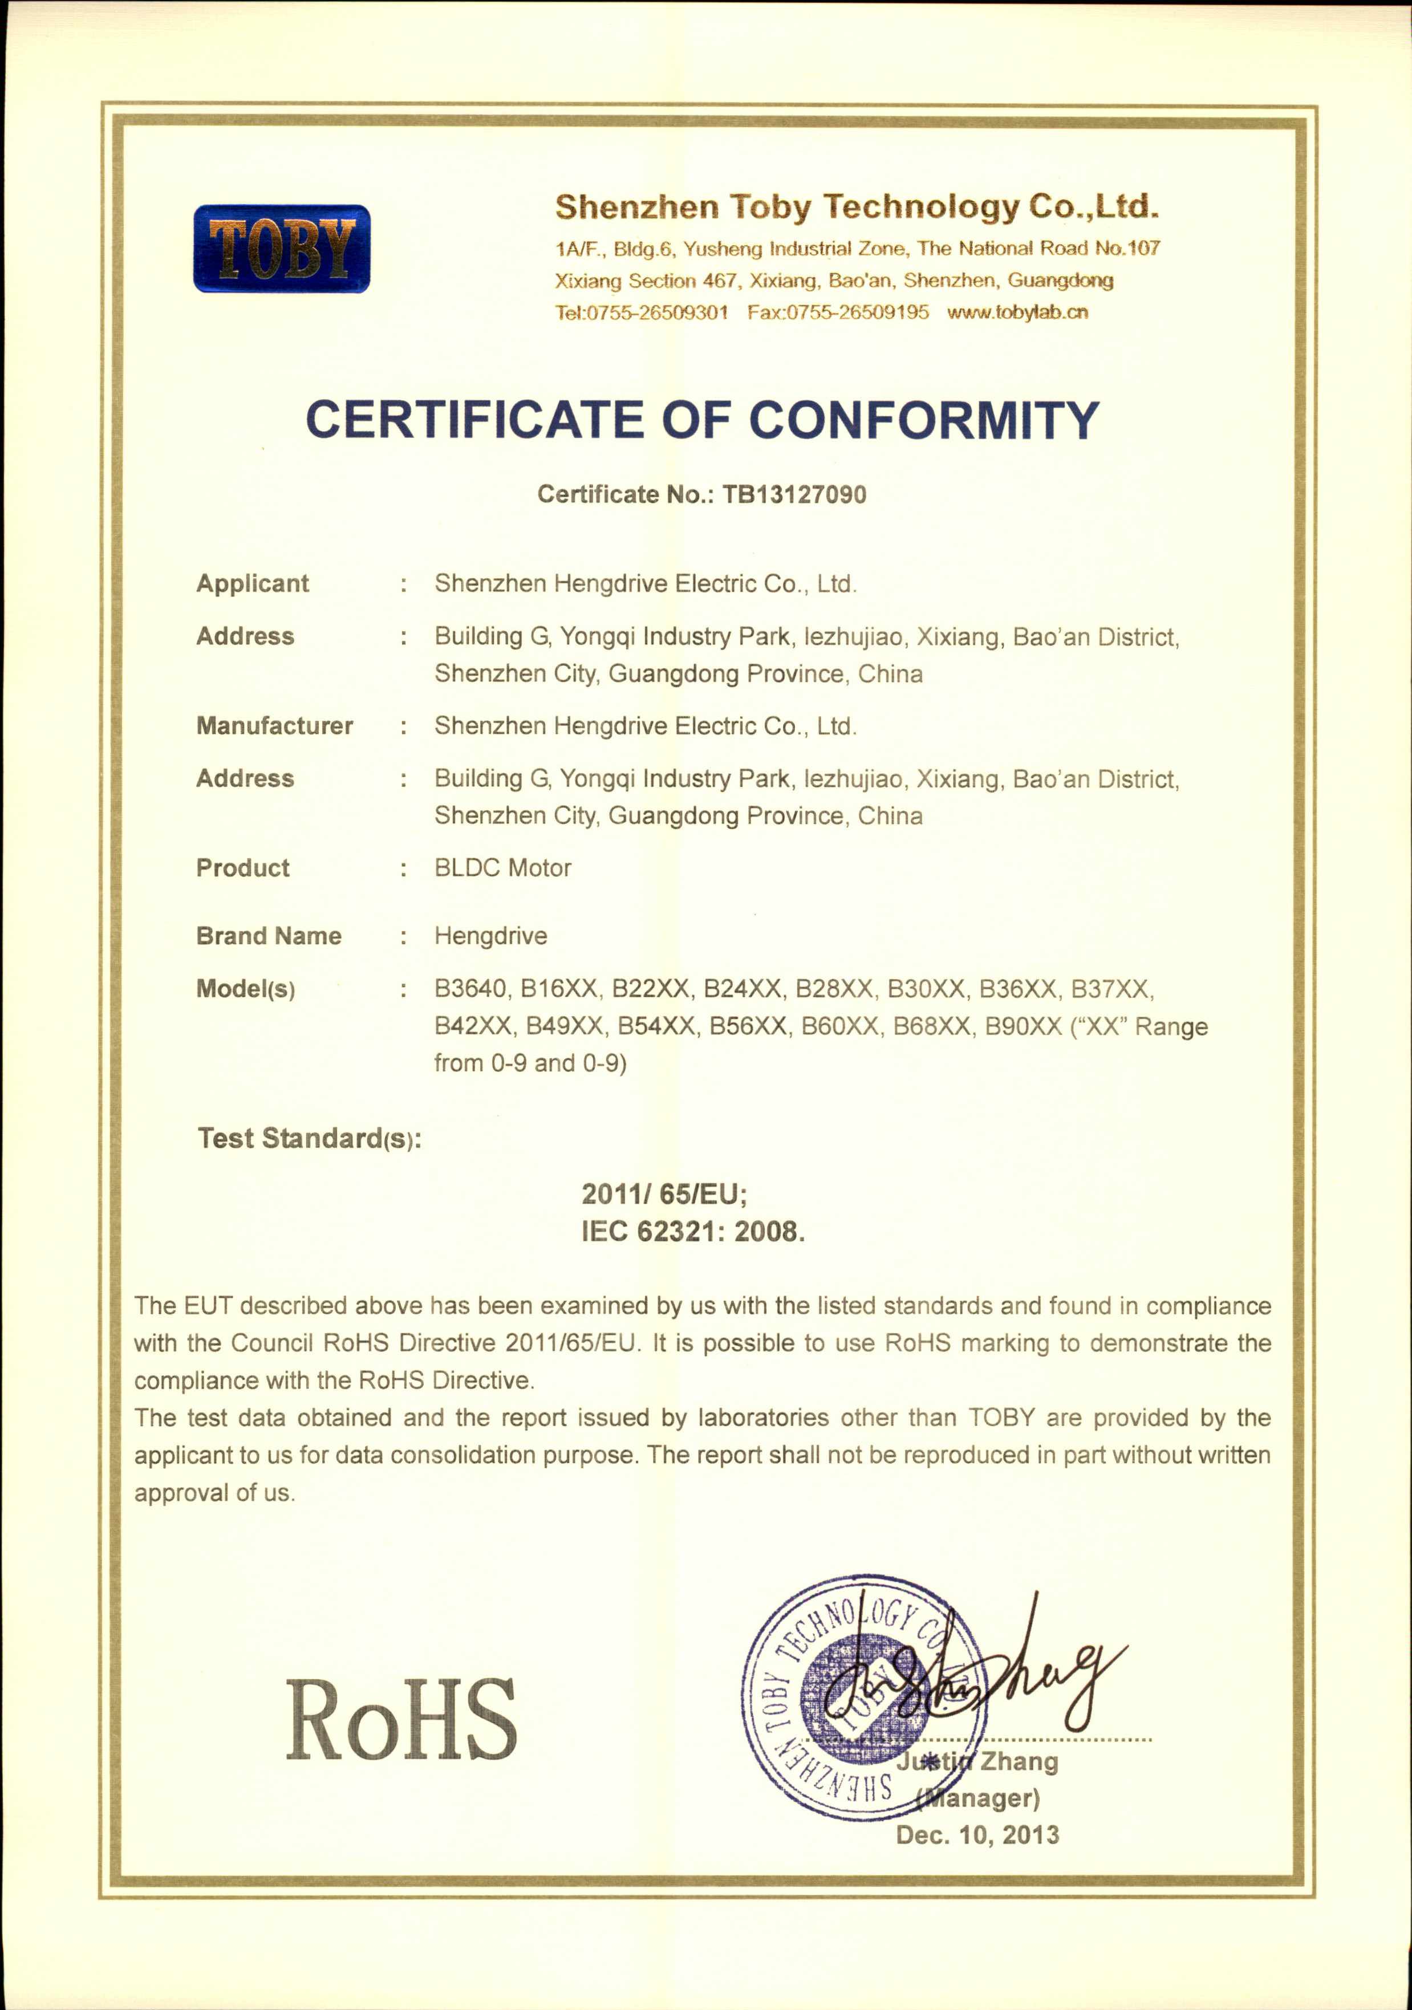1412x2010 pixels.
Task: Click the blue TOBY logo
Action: [x=281, y=249]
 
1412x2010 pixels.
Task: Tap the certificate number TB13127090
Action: [x=794, y=494]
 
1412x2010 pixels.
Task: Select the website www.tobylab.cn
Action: [x=1017, y=312]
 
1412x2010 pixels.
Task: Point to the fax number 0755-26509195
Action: [x=857, y=312]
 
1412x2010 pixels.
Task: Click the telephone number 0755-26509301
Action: [x=656, y=312]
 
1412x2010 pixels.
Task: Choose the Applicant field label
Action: [x=252, y=584]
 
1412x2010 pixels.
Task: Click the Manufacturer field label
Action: [x=274, y=726]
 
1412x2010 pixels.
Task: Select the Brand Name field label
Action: [x=269, y=936]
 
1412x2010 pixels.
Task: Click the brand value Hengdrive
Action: [x=490, y=936]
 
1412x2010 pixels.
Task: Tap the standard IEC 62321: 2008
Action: [x=692, y=1232]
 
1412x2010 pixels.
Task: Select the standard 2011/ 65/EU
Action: [x=664, y=1194]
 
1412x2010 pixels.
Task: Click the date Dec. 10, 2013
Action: [x=977, y=1833]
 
